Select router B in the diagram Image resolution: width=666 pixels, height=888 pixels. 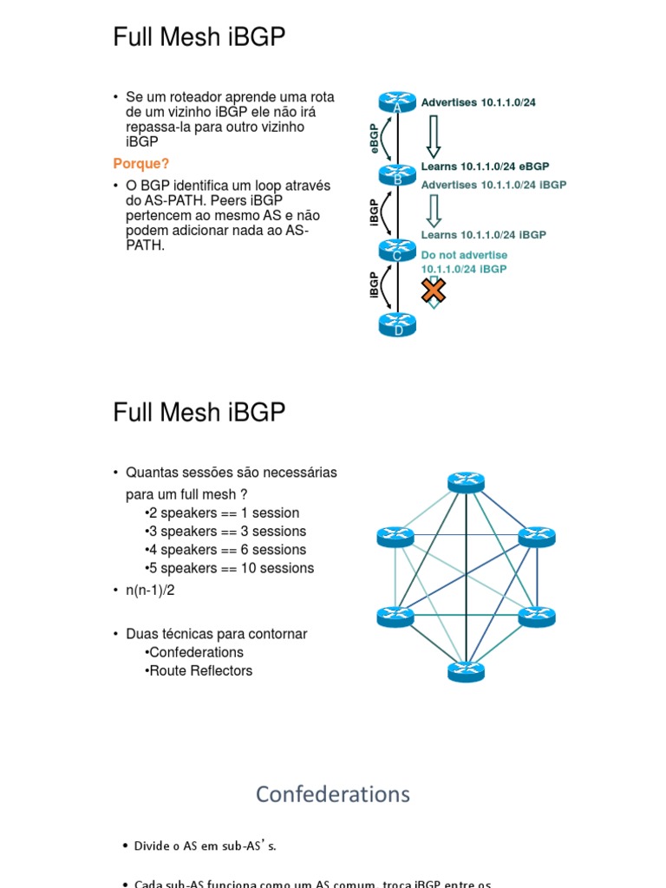(x=397, y=176)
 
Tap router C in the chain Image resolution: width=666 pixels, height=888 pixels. (x=397, y=251)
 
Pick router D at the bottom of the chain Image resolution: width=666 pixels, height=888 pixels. (x=398, y=325)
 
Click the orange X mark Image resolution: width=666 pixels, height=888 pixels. (x=434, y=291)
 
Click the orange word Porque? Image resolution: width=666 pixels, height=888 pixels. (x=141, y=164)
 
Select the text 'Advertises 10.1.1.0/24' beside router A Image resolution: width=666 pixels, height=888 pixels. (x=478, y=102)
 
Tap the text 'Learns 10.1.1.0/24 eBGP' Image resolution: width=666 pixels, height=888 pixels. (x=485, y=166)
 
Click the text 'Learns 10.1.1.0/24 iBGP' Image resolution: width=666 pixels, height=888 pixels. (x=483, y=234)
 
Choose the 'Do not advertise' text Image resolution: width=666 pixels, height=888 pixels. (x=464, y=255)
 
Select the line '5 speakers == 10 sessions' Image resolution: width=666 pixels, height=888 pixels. (x=230, y=568)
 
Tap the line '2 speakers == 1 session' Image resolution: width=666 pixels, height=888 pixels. (x=222, y=513)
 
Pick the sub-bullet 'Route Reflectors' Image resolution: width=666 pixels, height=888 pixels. (x=199, y=670)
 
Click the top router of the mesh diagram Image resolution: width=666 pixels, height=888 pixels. (x=467, y=483)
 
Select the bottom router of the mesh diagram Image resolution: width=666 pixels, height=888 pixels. (x=467, y=671)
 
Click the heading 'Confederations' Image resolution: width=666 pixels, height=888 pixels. (x=333, y=793)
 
